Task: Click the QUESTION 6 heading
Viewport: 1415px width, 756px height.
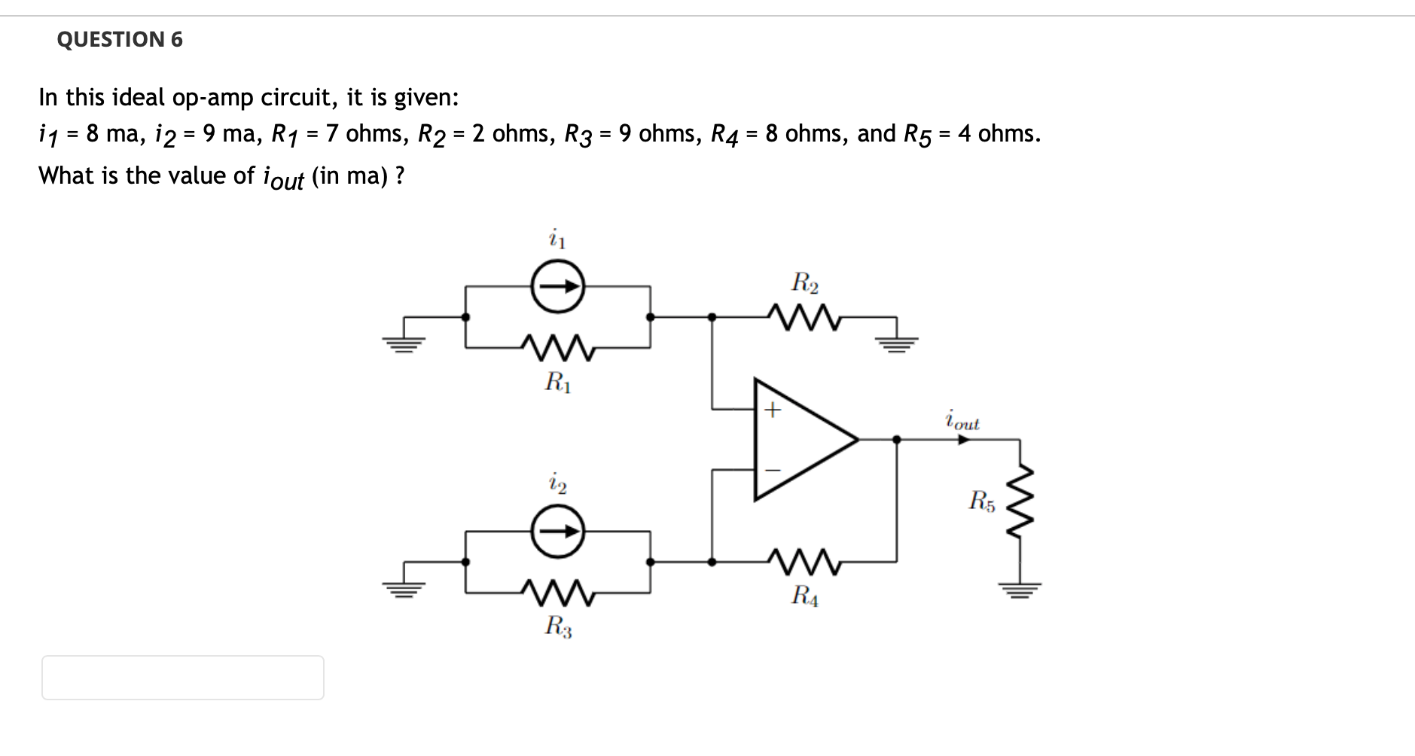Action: tap(120, 39)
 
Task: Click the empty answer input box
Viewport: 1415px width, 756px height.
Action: tap(183, 677)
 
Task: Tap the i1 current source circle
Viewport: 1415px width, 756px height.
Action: tap(558, 286)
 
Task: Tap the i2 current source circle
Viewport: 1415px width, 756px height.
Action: tap(558, 531)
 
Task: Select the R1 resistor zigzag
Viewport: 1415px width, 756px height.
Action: tap(558, 348)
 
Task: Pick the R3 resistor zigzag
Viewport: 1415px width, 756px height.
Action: tap(558, 593)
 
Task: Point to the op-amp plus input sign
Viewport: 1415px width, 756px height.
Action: tap(773, 410)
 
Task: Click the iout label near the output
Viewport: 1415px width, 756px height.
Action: tap(962, 420)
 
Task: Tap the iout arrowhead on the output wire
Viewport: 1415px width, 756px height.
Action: tap(963, 440)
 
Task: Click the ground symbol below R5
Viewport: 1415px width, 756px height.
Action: tap(1020, 588)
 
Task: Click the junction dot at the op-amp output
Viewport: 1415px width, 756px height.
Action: tap(896, 440)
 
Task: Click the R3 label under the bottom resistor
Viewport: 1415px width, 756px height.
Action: tap(558, 626)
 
